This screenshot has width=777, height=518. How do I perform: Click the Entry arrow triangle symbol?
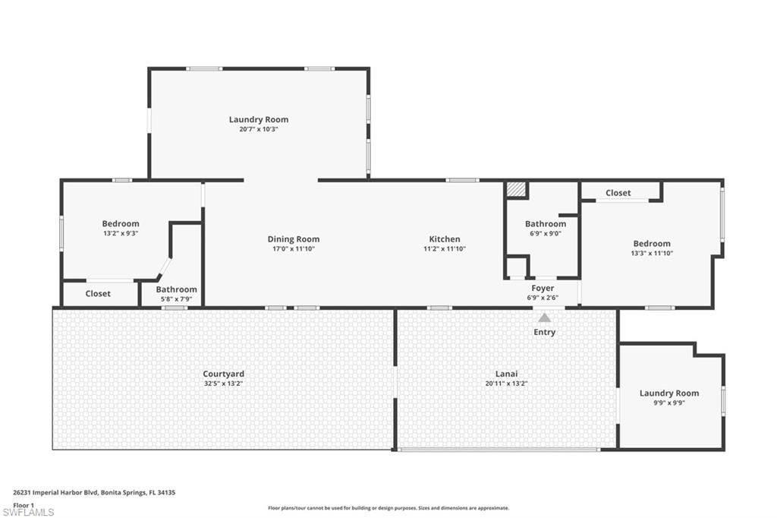[544, 317]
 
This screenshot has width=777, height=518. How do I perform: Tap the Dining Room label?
[293, 239]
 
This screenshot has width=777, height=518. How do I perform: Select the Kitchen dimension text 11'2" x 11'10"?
[444, 249]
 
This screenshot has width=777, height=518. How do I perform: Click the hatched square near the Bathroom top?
[517, 189]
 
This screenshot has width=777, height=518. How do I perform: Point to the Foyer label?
[543, 288]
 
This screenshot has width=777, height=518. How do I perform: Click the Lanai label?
[506, 374]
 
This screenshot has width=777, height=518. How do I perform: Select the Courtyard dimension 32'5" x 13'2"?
[223, 384]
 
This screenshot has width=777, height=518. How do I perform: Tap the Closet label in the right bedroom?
[618, 193]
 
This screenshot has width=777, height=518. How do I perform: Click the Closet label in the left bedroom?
[98, 293]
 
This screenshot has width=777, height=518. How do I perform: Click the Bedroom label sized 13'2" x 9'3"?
[121, 223]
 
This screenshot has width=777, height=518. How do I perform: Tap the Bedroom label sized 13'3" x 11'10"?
[652, 244]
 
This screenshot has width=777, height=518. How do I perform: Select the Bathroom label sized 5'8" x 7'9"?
[176, 289]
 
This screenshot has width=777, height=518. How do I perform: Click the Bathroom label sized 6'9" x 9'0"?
[546, 224]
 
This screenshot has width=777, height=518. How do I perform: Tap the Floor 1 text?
[24, 504]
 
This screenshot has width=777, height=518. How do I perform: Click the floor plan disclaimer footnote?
[388, 508]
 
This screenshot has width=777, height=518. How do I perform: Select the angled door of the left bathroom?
[163, 268]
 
